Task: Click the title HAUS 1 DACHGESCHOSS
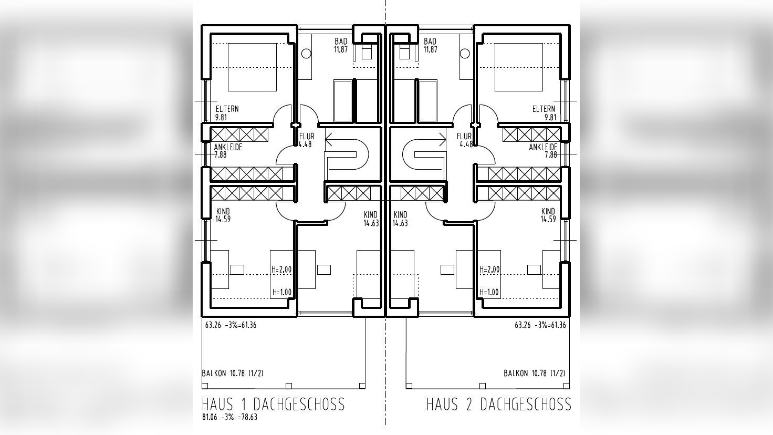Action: (x=273, y=404)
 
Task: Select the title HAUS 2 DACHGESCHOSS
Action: (x=498, y=404)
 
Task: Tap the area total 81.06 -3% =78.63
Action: (x=229, y=418)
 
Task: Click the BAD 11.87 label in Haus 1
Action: (x=341, y=46)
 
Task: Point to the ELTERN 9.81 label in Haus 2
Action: (x=544, y=113)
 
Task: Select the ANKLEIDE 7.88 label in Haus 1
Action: (x=228, y=151)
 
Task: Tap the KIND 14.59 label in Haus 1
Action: (x=223, y=215)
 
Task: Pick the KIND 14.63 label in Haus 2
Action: (x=400, y=219)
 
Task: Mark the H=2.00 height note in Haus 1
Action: (x=281, y=270)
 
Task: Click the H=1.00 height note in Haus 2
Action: (x=489, y=292)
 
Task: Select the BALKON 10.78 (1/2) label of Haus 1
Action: (x=233, y=374)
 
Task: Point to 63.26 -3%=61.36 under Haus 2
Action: (x=540, y=325)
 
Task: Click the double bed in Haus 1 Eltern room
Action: (x=252, y=67)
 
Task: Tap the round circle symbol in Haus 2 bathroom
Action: (x=465, y=54)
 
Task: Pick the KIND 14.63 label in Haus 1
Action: (x=371, y=219)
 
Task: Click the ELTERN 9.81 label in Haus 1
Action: (x=227, y=113)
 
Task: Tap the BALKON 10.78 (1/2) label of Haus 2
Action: (x=534, y=374)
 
